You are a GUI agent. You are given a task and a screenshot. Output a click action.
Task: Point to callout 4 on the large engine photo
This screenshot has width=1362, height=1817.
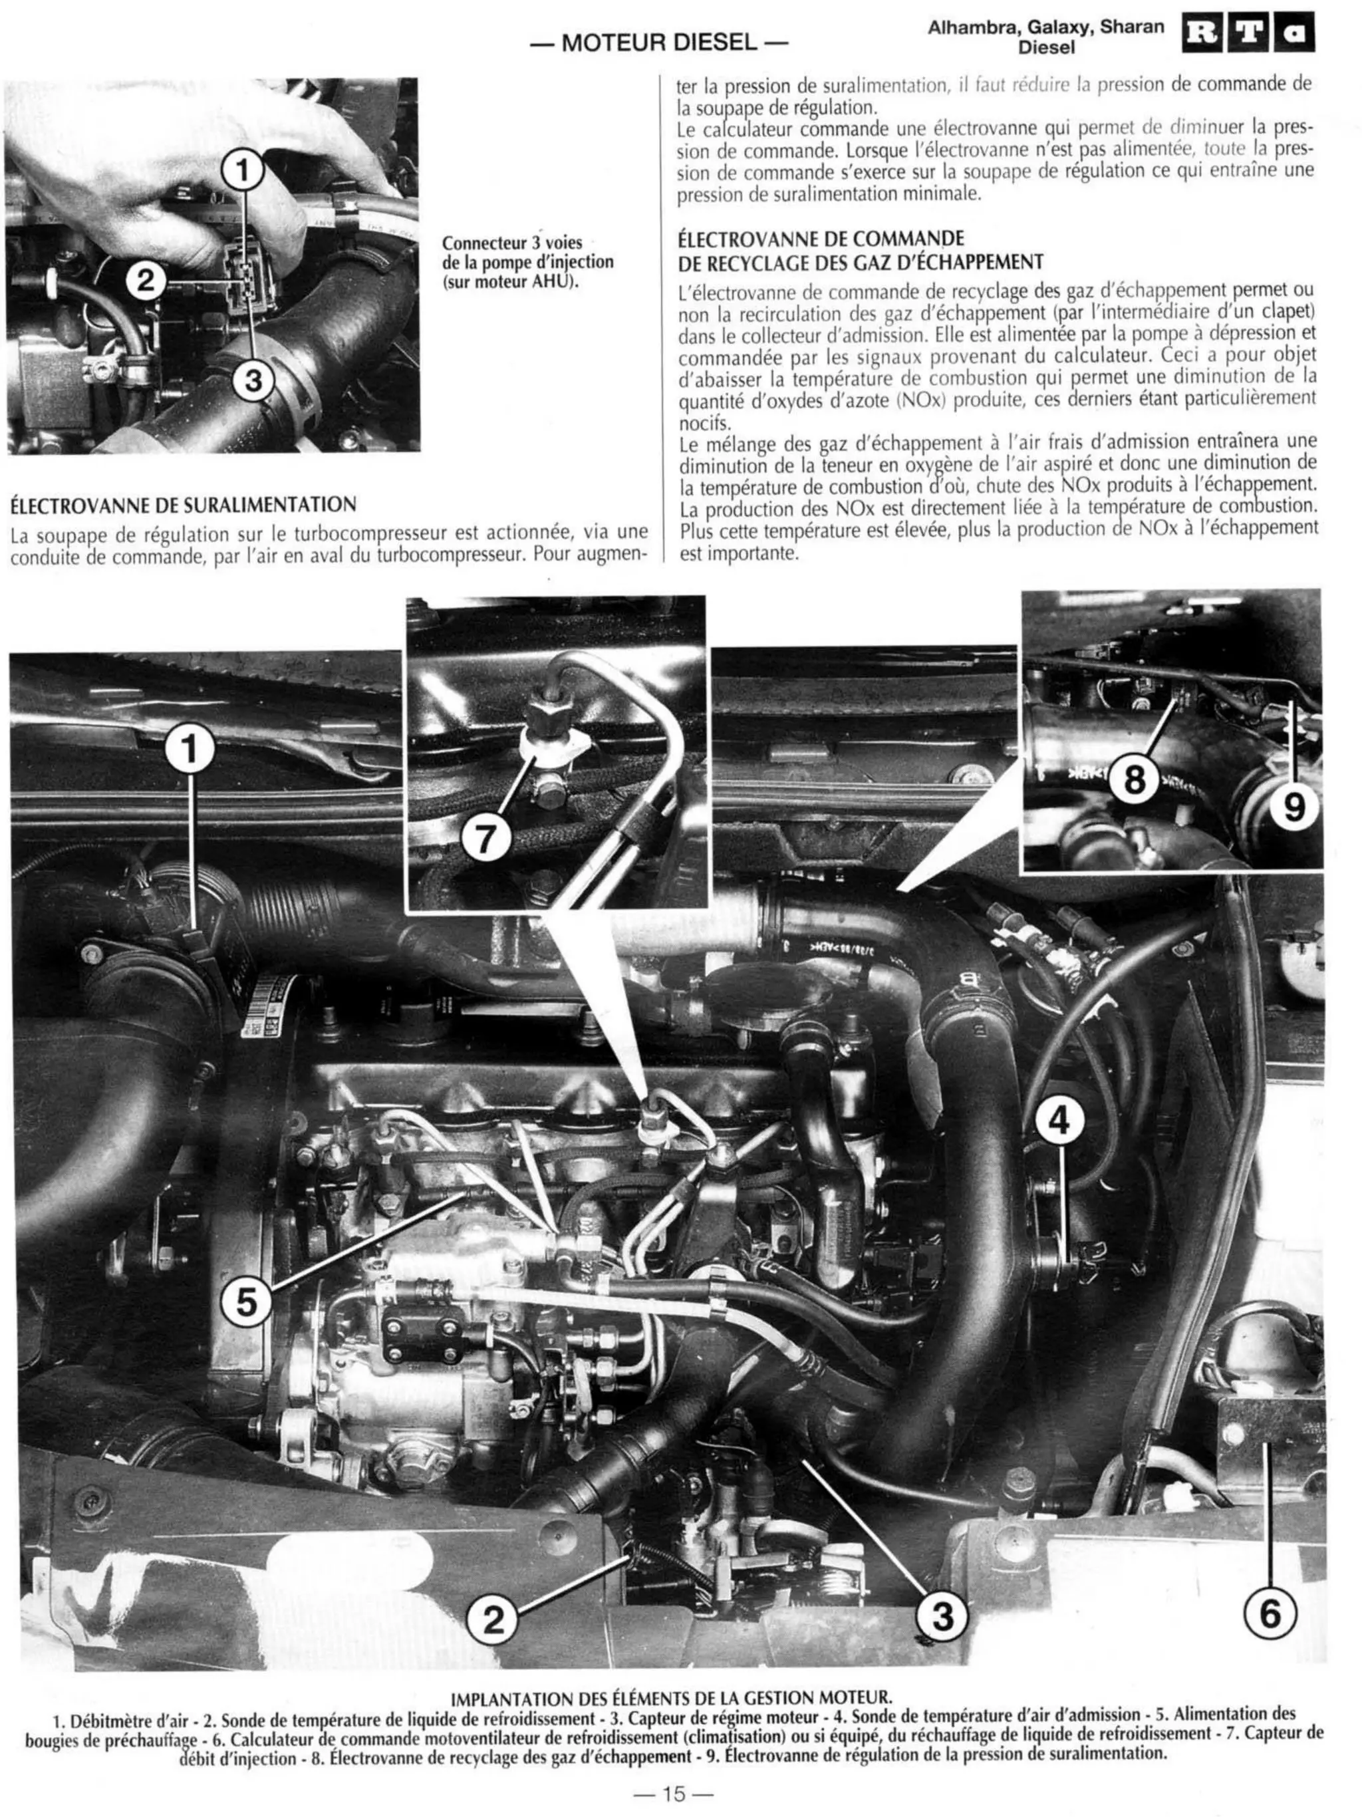1059,1119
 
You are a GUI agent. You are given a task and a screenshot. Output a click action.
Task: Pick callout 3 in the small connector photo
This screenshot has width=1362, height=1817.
253,380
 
